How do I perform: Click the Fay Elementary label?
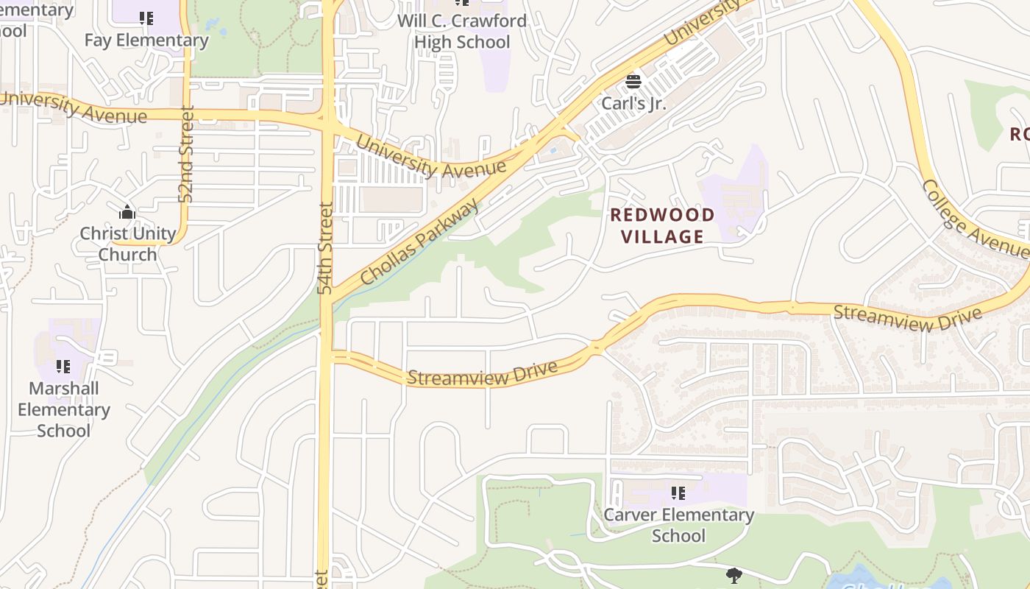(146, 40)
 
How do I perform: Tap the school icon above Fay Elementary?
(146, 18)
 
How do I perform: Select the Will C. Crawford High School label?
(462, 31)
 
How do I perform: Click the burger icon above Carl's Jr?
(633, 81)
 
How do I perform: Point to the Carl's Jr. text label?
(633, 103)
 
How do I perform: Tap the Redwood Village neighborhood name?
(662, 225)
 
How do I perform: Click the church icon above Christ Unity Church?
(127, 213)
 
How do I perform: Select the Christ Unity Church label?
(127, 244)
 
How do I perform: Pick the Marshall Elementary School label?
(63, 409)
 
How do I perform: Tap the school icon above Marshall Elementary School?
(63, 366)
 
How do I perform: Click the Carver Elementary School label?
(678, 524)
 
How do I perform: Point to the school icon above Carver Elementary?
(678, 493)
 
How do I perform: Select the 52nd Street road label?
(185, 154)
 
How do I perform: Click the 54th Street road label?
(326, 248)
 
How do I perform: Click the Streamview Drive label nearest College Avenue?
(907, 318)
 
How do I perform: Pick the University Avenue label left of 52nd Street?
(74, 107)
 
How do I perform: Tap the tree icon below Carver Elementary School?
(734, 575)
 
